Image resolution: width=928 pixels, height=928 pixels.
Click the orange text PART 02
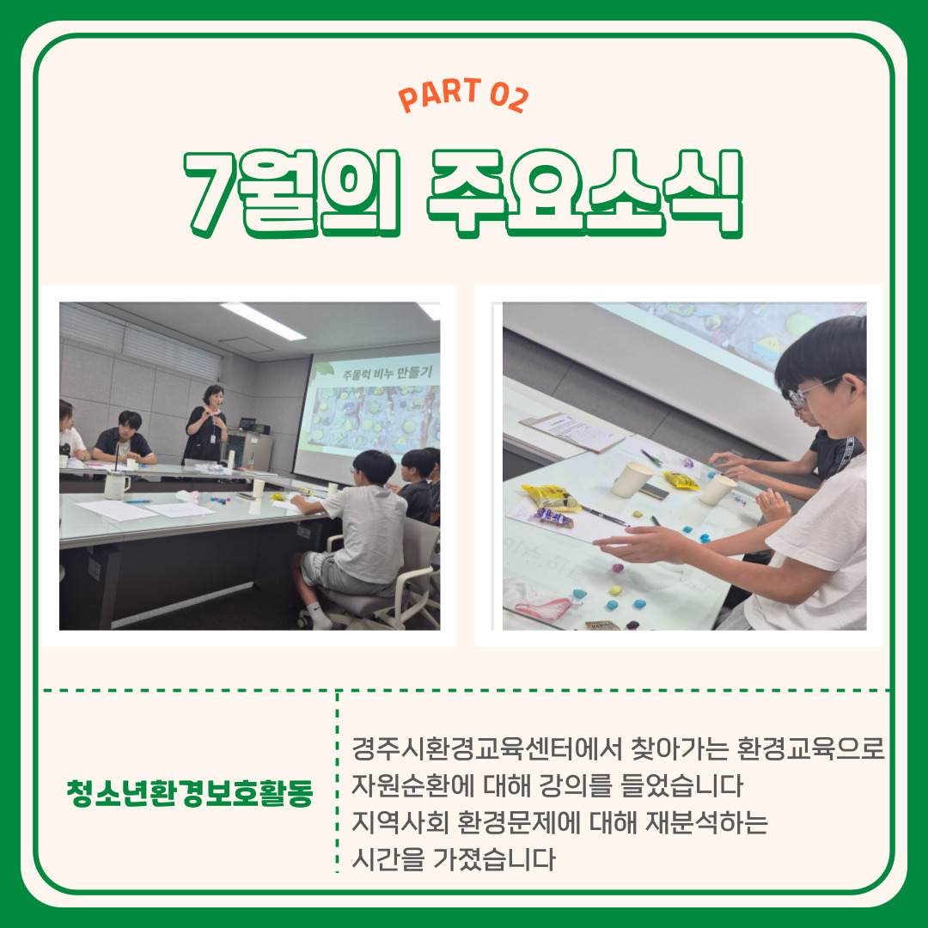tap(463, 95)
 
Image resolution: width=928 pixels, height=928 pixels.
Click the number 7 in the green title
tap(211, 194)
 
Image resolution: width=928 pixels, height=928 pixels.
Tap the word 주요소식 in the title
tap(585, 193)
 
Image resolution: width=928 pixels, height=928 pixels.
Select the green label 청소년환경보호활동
tap(190, 792)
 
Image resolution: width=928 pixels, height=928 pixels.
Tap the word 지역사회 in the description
tap(400, 822)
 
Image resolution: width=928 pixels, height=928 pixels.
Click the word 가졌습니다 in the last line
tap(494, 858)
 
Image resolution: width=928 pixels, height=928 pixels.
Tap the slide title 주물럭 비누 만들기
tap(388, 374)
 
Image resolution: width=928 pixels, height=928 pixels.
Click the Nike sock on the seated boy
tap(319, 616)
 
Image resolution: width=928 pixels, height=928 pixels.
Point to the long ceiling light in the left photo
tap(264, 321)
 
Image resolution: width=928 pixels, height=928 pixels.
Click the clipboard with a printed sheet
tap(571, 431)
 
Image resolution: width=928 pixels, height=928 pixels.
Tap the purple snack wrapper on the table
tap(554, 517)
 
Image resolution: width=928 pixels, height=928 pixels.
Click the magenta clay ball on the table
tap(617, 568)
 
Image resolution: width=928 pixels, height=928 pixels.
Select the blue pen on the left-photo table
tap(137, 501)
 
